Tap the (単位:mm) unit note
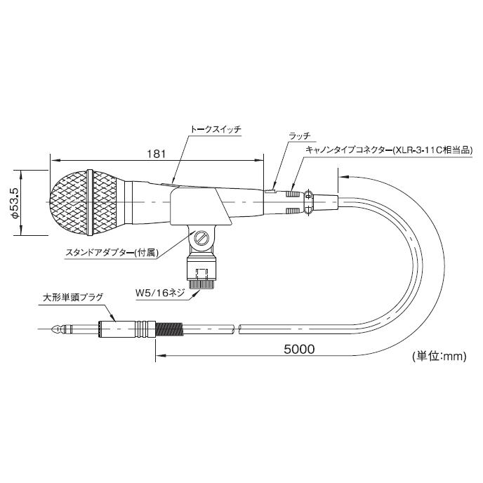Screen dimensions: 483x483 439,356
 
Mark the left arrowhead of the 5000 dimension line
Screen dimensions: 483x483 156,355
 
